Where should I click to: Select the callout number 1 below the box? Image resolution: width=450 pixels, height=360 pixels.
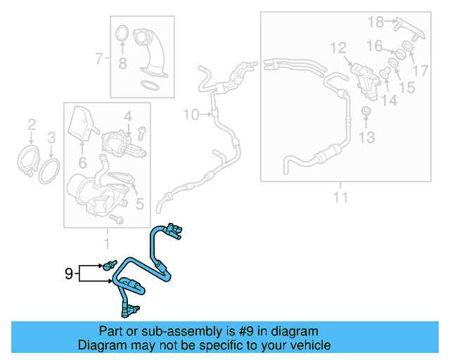click(x=107, y=244)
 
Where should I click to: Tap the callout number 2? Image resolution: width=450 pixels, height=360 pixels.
click(x=31, y=125)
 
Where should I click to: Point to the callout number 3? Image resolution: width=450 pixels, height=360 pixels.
click(x=51, y=137)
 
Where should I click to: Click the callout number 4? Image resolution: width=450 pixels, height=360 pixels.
click(x=128, y=115)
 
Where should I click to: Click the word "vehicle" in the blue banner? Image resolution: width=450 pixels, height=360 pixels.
click(x=307, y=345)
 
